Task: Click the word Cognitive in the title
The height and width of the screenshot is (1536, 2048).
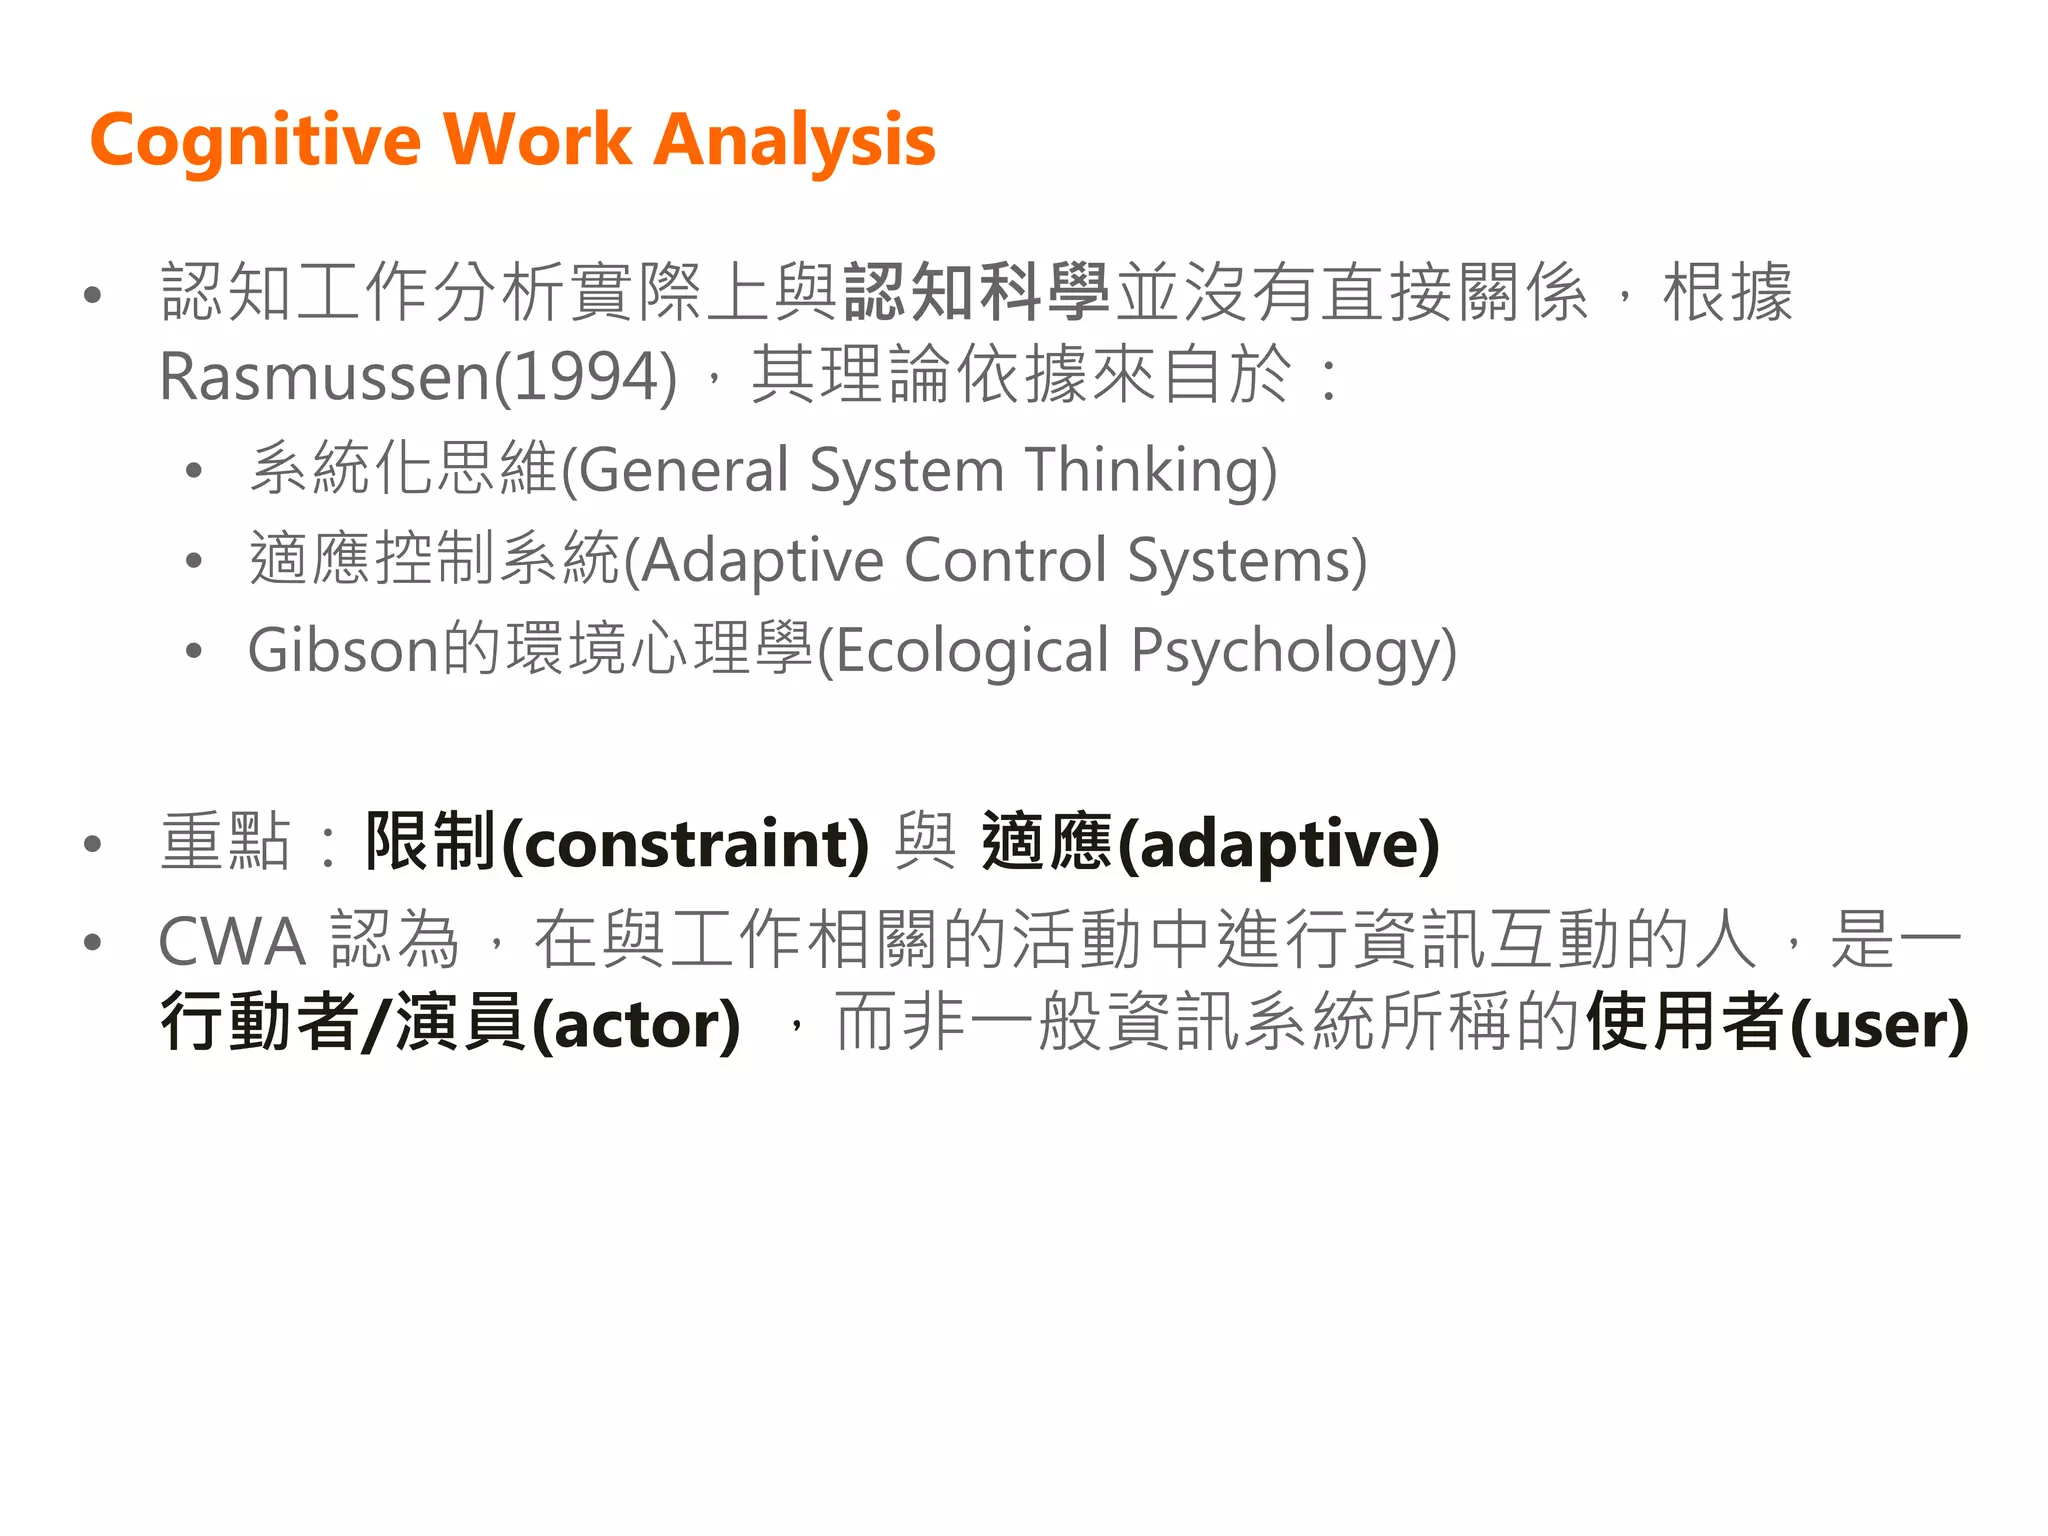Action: (x=256, y=140)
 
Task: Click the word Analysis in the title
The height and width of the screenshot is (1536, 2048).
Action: (x=795, y=140)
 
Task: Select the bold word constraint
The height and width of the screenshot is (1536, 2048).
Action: (x=685, y=844)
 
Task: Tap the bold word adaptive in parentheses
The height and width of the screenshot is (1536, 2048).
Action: (x=1279, y=844)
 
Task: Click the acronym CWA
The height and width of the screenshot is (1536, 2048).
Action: (x=232, y=942)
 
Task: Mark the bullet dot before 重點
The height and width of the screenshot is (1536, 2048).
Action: (x=93, y=844)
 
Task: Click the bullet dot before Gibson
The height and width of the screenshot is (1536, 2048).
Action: (x=194, y=651)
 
